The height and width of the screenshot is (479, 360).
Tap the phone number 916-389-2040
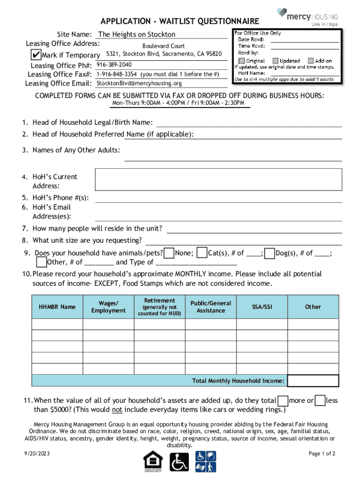pos(114,65)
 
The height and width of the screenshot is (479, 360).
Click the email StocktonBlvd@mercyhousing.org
pos(139,83)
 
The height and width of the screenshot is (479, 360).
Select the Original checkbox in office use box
pos(241,61)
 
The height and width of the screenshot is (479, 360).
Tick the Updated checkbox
pos(275,61)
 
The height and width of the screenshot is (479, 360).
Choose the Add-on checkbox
pos(310,61)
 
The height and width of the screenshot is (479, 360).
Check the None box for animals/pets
pos(170,253)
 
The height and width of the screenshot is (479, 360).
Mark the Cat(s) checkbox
pos(202,253)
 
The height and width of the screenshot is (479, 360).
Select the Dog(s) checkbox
pos(269,253)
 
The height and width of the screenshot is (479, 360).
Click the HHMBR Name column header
pos(57,307)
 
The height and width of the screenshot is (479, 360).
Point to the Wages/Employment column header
pos(108,307)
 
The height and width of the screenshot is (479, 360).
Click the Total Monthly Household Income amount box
pos(313,381)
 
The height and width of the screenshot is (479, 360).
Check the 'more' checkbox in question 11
pos(283,401)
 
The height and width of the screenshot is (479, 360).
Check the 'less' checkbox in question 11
pos(320,401)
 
